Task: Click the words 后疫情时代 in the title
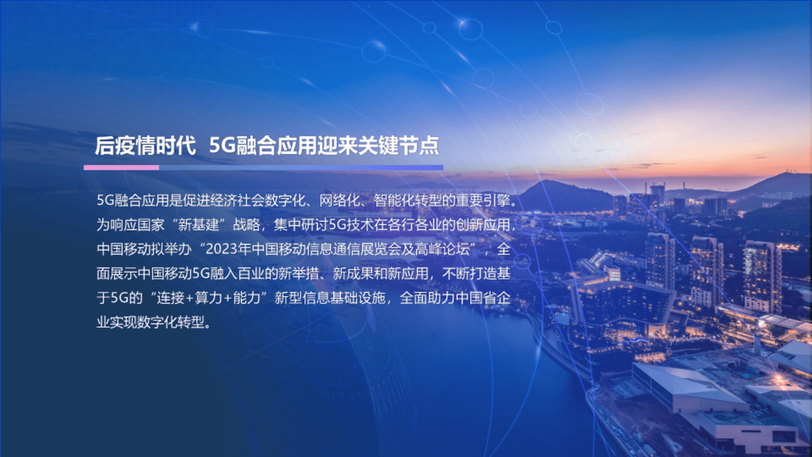pos(145,146)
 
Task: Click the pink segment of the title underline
pos(121,168)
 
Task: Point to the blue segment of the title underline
pos(301,168)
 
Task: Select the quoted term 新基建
pos(198,225)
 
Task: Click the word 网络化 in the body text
pos(340,200)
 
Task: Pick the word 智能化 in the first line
pos(394,200)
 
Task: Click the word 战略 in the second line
pos(247,225)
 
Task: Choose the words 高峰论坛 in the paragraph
pos(442,249)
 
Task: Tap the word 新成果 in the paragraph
pos(353,273)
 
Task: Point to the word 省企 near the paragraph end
pos(497,298)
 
